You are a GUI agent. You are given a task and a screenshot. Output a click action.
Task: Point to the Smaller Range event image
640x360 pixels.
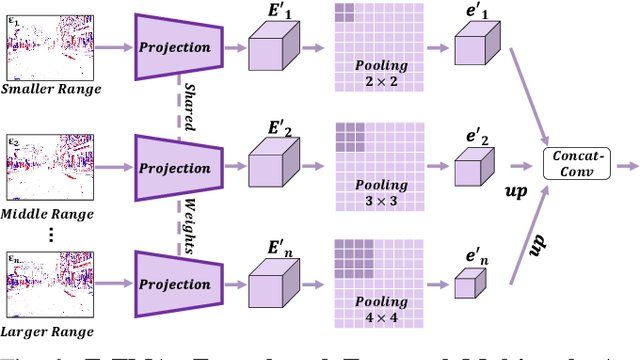(x=47, y=45)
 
